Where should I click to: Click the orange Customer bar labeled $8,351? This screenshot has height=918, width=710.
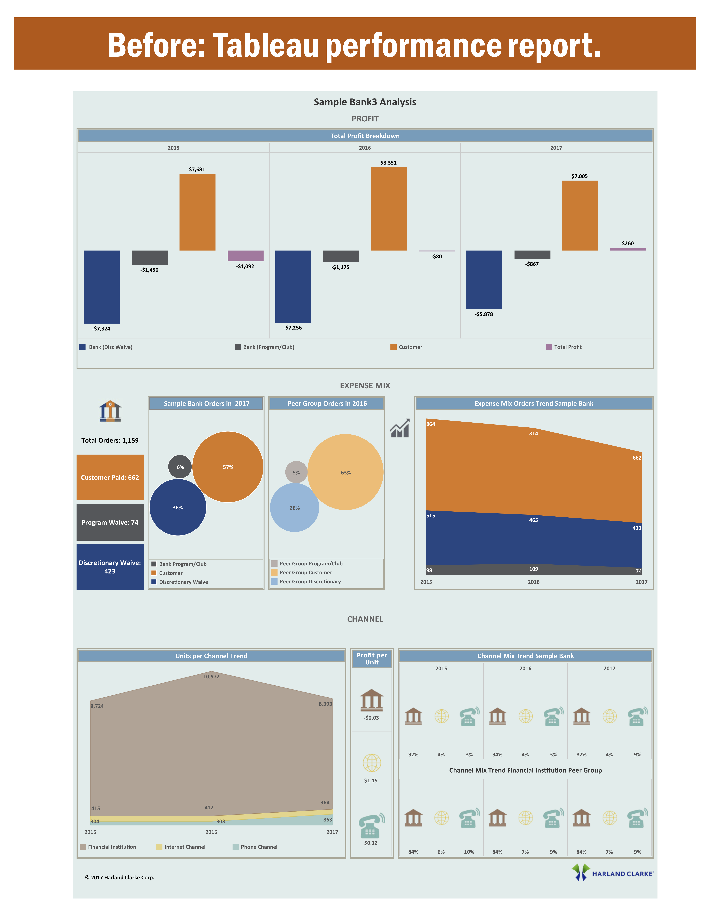(389, 209)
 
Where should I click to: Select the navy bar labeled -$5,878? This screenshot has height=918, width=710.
(484, 280)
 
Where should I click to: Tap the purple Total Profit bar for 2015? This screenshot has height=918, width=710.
(245, 256)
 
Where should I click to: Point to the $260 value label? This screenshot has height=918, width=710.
(628, 243)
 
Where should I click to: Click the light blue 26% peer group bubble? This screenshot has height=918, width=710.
(294, 508)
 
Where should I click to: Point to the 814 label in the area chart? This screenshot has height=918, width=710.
(533, 433)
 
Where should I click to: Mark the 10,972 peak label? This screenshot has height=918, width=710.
(211, 676)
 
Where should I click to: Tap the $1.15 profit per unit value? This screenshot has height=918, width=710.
(371, 781)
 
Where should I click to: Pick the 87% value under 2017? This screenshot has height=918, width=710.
(581, 754)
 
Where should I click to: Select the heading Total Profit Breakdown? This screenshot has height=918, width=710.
(365, 136)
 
